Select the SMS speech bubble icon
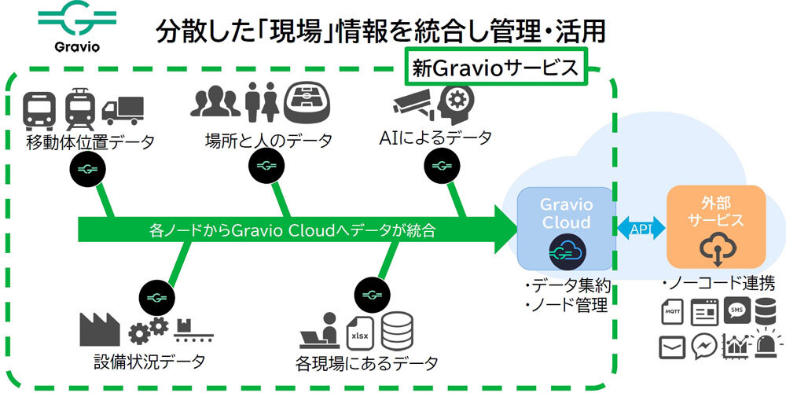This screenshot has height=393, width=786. click(x=738, y=310)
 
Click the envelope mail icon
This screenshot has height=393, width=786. click(x=673, y=346)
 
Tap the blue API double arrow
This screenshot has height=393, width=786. click(x=641, y=227)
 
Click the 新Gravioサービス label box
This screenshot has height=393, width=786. click(x=497, y=67)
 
